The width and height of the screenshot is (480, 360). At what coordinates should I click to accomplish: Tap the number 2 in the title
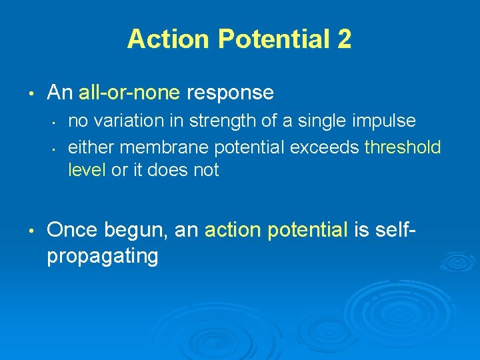[x=343, y=39]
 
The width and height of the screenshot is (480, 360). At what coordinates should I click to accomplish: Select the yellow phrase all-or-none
[x=129, y=93]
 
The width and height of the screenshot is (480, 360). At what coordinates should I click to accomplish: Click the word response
[x=230, y=93]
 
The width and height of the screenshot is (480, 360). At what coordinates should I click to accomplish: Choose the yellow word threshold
[x=403, y=146]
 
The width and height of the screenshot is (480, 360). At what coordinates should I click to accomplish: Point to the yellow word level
[x=87, y=170]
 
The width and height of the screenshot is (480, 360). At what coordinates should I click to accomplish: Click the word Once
[x=72, y=230]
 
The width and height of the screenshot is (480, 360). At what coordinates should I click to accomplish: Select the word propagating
[x=102, y=256]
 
